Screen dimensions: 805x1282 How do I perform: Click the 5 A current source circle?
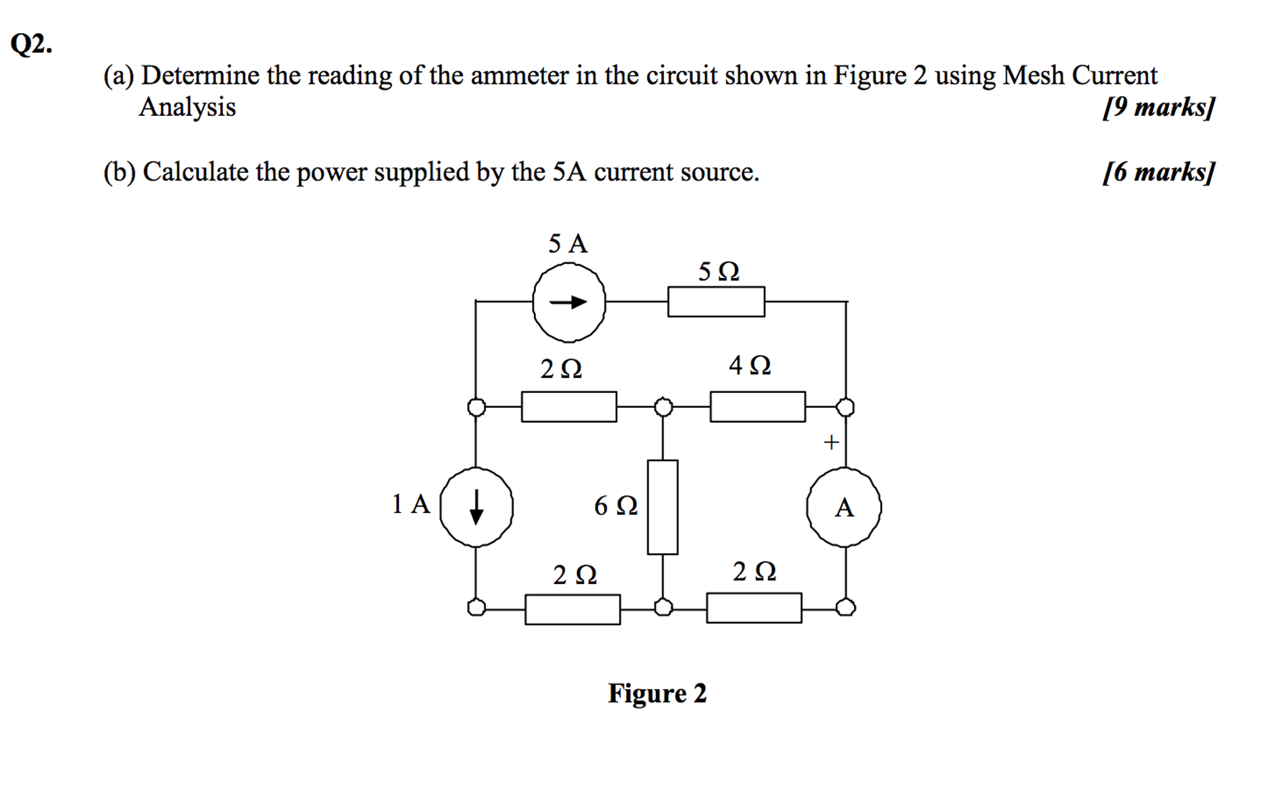tap(569, 302)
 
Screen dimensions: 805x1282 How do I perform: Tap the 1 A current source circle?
tap(476, 507)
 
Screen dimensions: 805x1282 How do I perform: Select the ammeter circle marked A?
tap(844, 507)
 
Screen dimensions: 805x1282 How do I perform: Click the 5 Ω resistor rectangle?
tap(716, 301)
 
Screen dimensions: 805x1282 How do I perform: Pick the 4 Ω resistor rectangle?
tap(757, 407)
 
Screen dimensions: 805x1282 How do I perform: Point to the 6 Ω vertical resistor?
tap(662, 507)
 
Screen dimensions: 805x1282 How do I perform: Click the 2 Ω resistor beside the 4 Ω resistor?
tap(568, 407)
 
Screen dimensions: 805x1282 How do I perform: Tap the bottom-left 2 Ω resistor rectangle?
tap(572, 609)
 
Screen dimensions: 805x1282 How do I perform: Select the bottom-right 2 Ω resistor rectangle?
tap(753, 608)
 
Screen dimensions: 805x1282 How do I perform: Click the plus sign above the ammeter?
tap(831, 442)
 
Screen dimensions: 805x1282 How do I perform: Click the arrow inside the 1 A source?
tap(476, 507)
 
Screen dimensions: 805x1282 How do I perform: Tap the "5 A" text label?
tap(568, 244)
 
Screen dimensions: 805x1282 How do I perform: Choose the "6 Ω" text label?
tap(615, 506)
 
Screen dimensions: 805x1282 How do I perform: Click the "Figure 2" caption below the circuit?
tap(657, 693)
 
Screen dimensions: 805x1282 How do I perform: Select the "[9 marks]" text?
tap(1158, 107)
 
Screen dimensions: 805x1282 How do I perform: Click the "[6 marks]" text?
tap(1158, 172)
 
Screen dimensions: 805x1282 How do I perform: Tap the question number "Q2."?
tap(31, 44)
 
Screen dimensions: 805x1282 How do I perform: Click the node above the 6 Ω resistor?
tap(663, 407)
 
